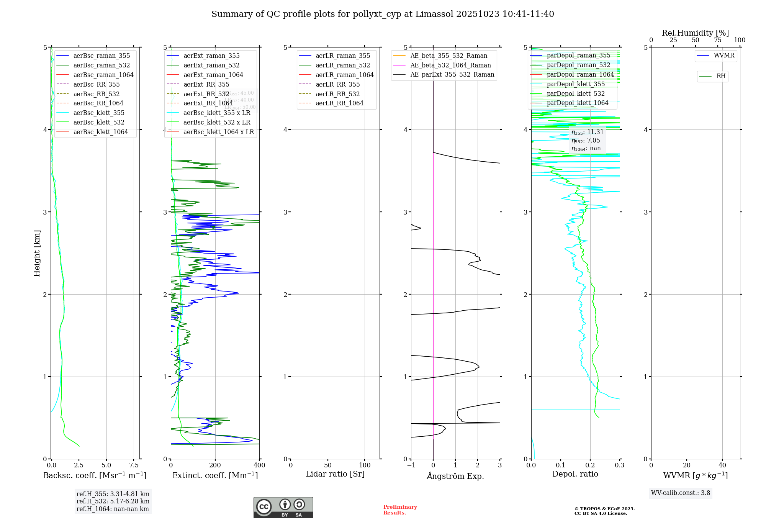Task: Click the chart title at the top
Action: coord(383,14)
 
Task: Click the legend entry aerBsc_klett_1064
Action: coord(100,132)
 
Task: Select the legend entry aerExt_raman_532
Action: coord(211,65)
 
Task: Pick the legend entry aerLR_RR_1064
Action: coord(339,103)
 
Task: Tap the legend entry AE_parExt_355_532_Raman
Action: coord(452,74)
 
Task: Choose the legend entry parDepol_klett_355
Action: coord(576,84)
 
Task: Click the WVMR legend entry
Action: coord(724,56)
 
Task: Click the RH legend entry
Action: coord(721,76)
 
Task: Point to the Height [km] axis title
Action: coord(37,253)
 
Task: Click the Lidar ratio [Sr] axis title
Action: coord(335,474)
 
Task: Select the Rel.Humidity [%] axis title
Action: coord(695,33)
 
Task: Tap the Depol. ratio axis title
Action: coord(575,474)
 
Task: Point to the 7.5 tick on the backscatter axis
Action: coord(134,465)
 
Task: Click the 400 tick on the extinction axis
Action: coord(259,465)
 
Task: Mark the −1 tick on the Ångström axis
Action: coord(411,465)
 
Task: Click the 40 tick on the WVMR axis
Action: coord(722,465)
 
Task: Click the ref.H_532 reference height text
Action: coord(113,501)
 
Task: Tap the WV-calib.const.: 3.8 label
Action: coord(681,493)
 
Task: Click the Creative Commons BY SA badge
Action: coord(283,508)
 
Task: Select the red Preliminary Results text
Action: coord(400,510)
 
